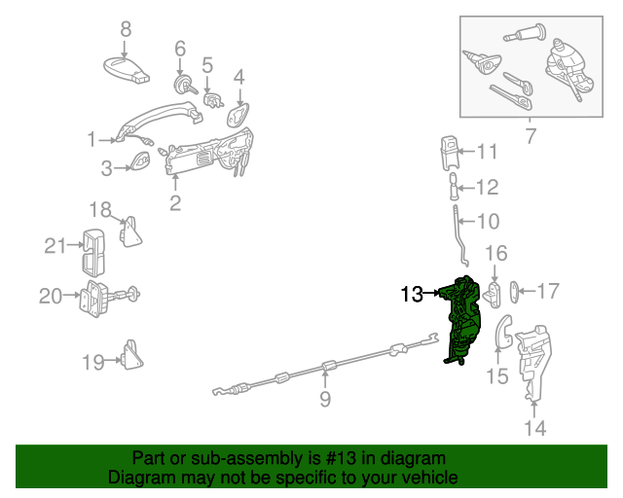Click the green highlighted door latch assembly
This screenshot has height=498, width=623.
coord(462,319)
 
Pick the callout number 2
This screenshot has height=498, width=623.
coord(175,202)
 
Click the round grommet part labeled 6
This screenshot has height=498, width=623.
coord(181,86)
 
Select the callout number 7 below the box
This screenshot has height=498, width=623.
coord(530,136)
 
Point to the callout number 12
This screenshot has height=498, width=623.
coord(487,187)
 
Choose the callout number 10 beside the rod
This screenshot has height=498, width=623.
coord(487,220)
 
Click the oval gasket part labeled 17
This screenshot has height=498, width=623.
coord(517,290)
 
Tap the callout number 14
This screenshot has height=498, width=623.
coord(534,427)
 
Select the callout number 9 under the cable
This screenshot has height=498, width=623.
coord(325,399)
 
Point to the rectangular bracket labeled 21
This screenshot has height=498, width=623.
coord(94,249)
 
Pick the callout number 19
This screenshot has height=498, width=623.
coord(92,363)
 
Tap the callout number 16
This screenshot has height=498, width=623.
coord(495,254)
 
